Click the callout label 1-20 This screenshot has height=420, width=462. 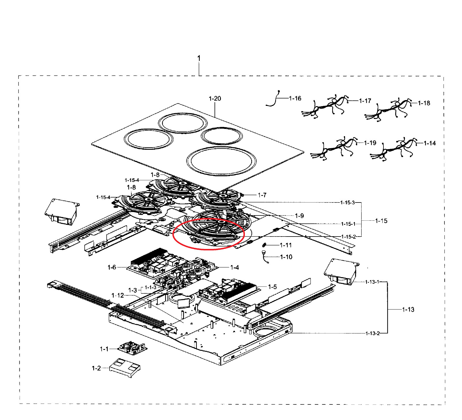point(215,99)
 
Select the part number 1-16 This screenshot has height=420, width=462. point(295,98)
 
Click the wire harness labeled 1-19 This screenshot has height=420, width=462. point(335,149)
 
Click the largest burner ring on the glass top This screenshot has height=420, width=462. point(221,161)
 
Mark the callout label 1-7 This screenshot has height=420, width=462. point(262,195)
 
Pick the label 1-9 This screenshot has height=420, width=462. point(299,216)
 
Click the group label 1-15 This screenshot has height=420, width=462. point(381,221)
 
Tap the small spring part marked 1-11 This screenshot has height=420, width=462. point(264,245)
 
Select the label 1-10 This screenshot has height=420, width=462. point(286,257)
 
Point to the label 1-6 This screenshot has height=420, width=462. point(112,267)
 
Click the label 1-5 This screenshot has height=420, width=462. point(272,287)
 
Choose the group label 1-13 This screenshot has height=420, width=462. point(408,310)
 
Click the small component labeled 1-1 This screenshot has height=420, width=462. point(132,347)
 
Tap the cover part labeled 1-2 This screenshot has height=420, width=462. point(125,367)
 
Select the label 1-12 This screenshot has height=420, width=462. point(118,295)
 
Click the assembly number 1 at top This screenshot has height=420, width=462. point(199,58)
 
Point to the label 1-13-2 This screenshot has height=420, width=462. point(372,333)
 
